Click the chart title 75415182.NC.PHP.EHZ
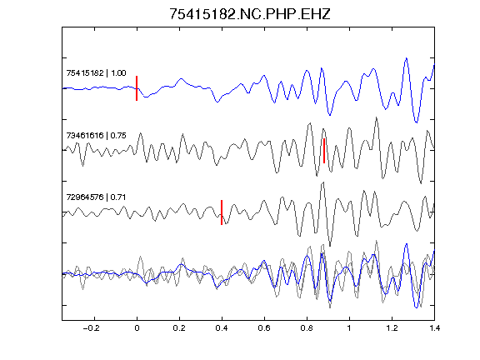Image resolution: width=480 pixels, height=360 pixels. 250,14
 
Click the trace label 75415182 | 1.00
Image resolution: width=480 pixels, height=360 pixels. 96,73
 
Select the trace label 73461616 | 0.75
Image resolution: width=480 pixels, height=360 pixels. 96,135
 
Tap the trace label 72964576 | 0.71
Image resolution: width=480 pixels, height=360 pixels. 96,197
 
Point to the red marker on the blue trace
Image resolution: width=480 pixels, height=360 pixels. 137,88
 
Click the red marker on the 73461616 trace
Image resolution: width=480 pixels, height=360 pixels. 324,151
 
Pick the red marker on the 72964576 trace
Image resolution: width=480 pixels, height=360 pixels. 222,212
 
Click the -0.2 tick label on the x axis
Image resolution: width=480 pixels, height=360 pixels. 92,328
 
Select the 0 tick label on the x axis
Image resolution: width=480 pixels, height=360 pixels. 137,328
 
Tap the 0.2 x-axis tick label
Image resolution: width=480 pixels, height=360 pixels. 179,328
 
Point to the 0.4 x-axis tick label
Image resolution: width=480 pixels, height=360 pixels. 222,328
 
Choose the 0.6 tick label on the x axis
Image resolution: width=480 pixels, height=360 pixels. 264,328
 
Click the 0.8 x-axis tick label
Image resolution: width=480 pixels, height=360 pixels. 307,328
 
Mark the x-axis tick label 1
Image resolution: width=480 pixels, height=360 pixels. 349,328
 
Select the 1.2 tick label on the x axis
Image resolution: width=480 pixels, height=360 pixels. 392,328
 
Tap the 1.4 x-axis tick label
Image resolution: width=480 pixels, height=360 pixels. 434,328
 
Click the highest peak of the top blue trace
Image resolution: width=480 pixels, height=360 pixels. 406,57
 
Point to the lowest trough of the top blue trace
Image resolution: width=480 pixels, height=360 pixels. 417,122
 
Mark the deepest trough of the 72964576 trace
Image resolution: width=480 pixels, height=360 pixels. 330,246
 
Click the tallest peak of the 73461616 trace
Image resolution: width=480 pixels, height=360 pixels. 376,117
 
